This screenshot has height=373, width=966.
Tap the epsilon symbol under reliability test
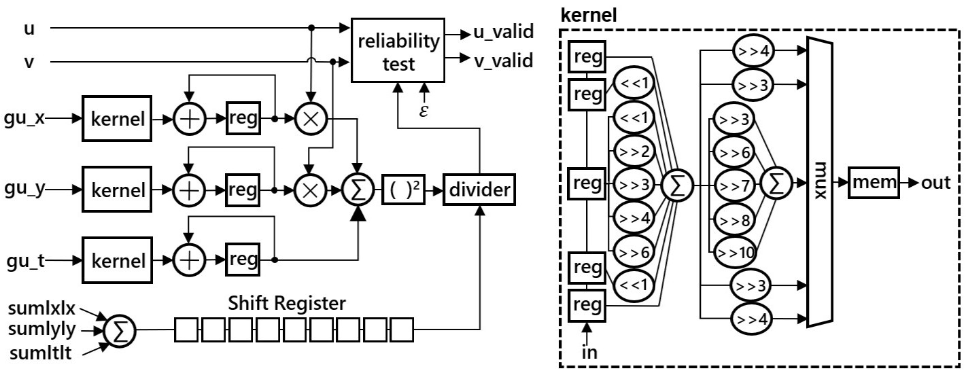(424, 109)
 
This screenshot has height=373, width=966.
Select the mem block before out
(873, 183)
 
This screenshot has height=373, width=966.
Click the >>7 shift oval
(732, 184)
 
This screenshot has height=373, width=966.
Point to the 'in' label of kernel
(589, 353)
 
